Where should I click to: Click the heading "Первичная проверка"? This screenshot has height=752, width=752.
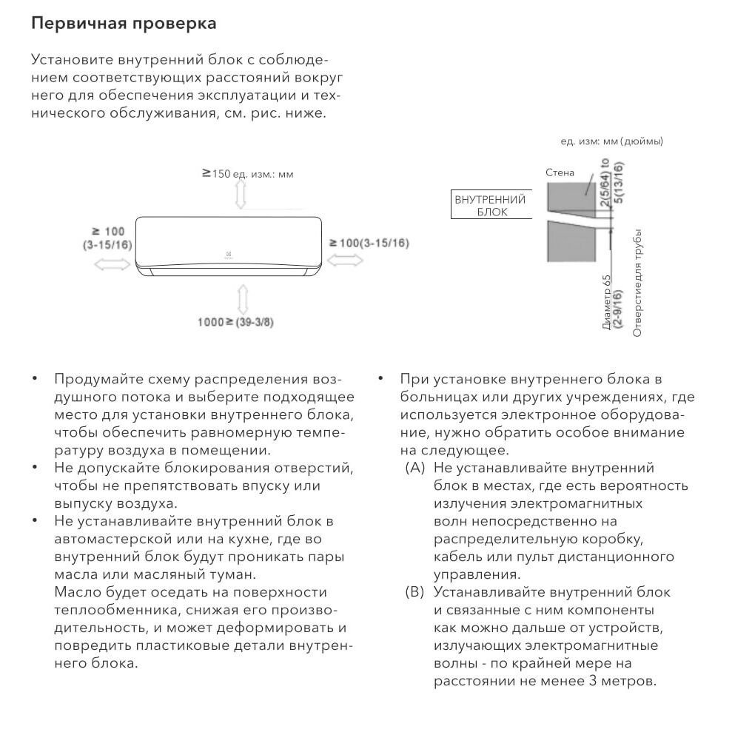click(x=124, y=23)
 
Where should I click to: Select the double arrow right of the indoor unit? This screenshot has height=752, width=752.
click(x=344, y=259)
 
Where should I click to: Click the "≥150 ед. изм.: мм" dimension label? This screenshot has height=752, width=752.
click(x=247, y=174)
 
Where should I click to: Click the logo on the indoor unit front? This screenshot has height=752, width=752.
click(x=229, y=256)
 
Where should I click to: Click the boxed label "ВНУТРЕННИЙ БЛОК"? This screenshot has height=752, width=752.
click(x=490, y=206)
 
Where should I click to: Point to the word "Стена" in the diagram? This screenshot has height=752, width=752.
click(x=560, y=172)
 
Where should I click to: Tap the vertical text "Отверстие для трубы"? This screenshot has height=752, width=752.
click(x=637, y=284)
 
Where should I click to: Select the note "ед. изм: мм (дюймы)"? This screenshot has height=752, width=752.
click(x=611, y=141)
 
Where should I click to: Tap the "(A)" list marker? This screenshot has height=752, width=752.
click(x=414, y=468)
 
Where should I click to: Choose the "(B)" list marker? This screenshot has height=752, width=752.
click(x=414, y=592)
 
